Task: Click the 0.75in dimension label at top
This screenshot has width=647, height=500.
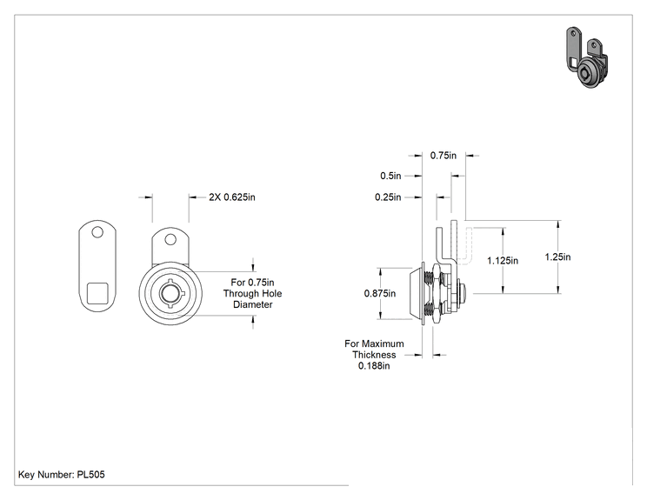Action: coord(444,156)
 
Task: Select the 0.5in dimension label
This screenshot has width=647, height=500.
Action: coord(390,176)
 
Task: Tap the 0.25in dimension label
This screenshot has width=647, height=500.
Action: coord(388,197)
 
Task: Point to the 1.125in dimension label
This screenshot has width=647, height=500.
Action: coord(503,261)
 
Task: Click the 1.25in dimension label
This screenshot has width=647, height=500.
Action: coord(557,257)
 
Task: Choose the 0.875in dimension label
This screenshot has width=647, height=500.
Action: coord(380,293)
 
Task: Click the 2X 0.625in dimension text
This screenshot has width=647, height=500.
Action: coord(232,197)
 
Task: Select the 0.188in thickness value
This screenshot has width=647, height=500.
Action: coord(374,366)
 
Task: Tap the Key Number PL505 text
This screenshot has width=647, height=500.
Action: coord(62,475)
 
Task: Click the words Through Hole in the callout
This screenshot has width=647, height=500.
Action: coord(252,294)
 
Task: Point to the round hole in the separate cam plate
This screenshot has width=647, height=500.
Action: coord(97,233)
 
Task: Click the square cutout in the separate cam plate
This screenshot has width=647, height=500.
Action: coord(97,293)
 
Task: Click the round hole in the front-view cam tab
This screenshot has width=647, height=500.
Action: coord(170,239)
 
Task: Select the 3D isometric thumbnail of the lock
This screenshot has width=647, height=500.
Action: coord(586,58)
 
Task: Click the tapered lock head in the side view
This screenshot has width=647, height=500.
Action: coord(417,293)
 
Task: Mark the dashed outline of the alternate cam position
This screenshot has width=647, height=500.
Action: coord(466,244)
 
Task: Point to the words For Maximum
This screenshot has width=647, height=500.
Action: coord(374,343)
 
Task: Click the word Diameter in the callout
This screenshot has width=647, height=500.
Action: coord(253,305)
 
